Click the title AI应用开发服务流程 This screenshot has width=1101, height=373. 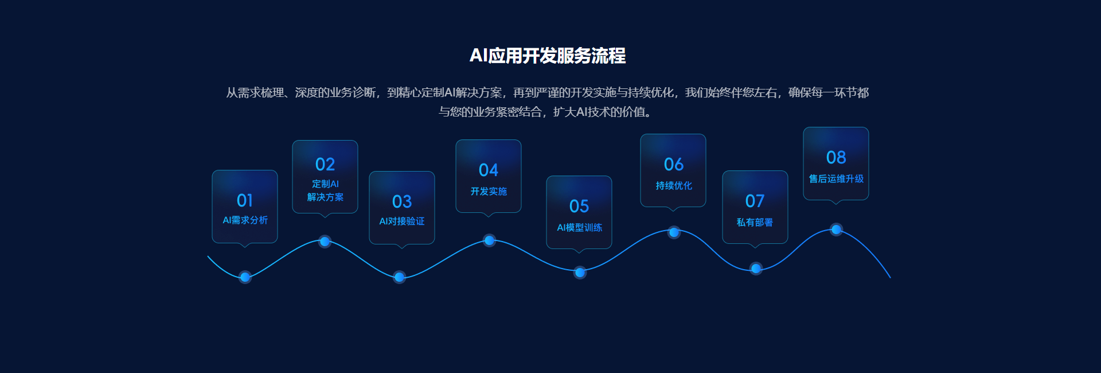(x=548, y=56)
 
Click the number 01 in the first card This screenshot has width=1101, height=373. (x=245, y=200)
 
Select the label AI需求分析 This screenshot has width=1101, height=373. (x=245, y=220)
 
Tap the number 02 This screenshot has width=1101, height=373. (x=325, y=165)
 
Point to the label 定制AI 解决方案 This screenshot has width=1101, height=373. (x=325, y=191)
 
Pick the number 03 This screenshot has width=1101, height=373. (x=402, y=201)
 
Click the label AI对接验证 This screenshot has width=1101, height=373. (x=402, y=222)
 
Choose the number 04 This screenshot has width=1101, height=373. (x=489, y=170)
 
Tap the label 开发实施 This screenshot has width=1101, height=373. (x=489, y=192)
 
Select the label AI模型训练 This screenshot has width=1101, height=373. (x=579, y=228)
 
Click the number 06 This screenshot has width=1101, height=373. (x=674, y=164)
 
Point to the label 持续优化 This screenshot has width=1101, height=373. (x=674, y=186)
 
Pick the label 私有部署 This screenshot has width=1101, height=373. (x=755, y=223)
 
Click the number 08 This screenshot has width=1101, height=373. (x=836, y=157)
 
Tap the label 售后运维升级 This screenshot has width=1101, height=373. (x=836, y=179)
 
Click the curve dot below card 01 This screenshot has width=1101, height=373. (x=245, y=277)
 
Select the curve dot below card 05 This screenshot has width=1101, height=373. (x=580, y=272)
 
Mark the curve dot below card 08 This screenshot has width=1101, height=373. (x=836, y=230)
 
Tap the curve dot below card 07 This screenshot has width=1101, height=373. (x=756, y=268)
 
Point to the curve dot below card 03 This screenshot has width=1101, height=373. (x=400, y=277)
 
